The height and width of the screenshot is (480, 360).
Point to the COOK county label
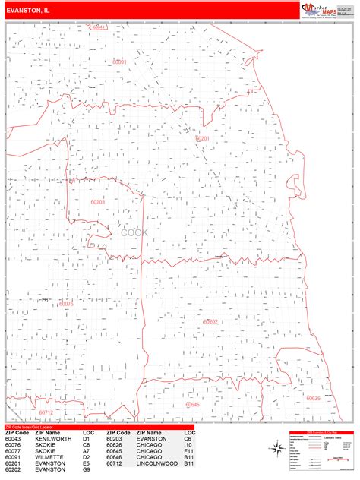(135, 232)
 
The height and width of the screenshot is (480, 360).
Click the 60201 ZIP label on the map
(202, 138)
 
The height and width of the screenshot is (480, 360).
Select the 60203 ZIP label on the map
(97, 202)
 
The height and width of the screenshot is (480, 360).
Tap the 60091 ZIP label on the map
(119, 62)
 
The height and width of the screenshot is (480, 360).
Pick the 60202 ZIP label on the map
(210, 321)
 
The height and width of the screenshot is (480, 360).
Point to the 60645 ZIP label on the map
(192, 405)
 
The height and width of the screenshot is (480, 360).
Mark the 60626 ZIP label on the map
(313, 398)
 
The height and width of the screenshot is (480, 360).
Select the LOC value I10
(188, 444)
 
